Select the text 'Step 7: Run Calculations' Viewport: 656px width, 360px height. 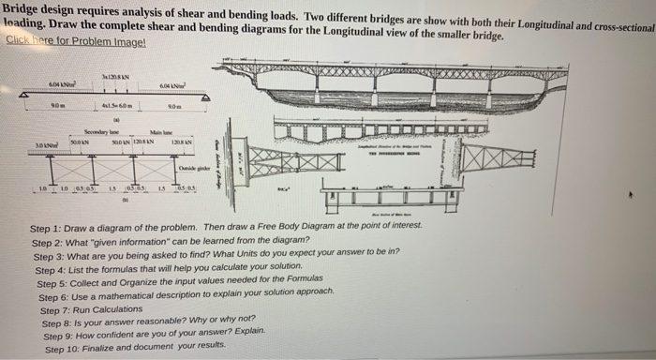click(93, 308)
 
